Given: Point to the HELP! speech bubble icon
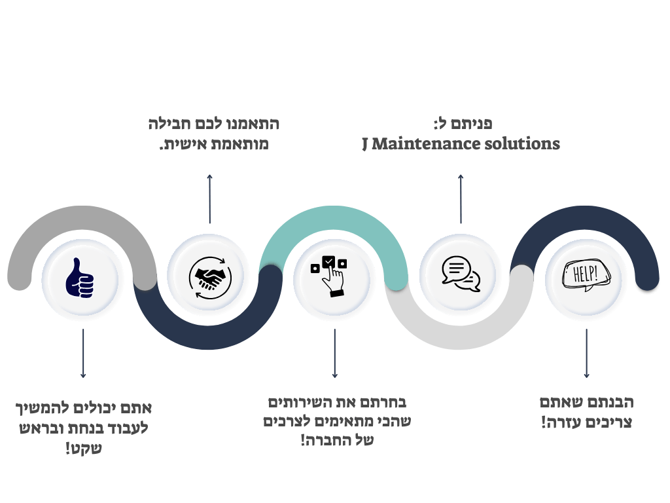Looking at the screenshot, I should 586,276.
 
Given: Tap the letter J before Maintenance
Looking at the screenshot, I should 366,144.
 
